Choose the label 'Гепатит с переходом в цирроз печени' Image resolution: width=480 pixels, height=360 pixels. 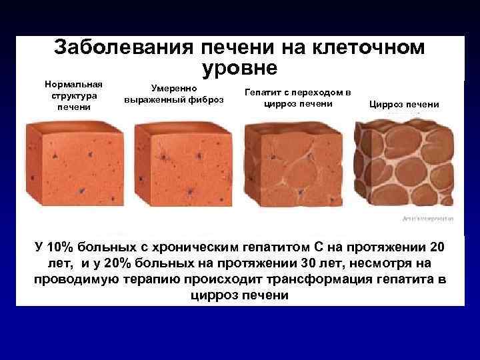click(x=298, y=98)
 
